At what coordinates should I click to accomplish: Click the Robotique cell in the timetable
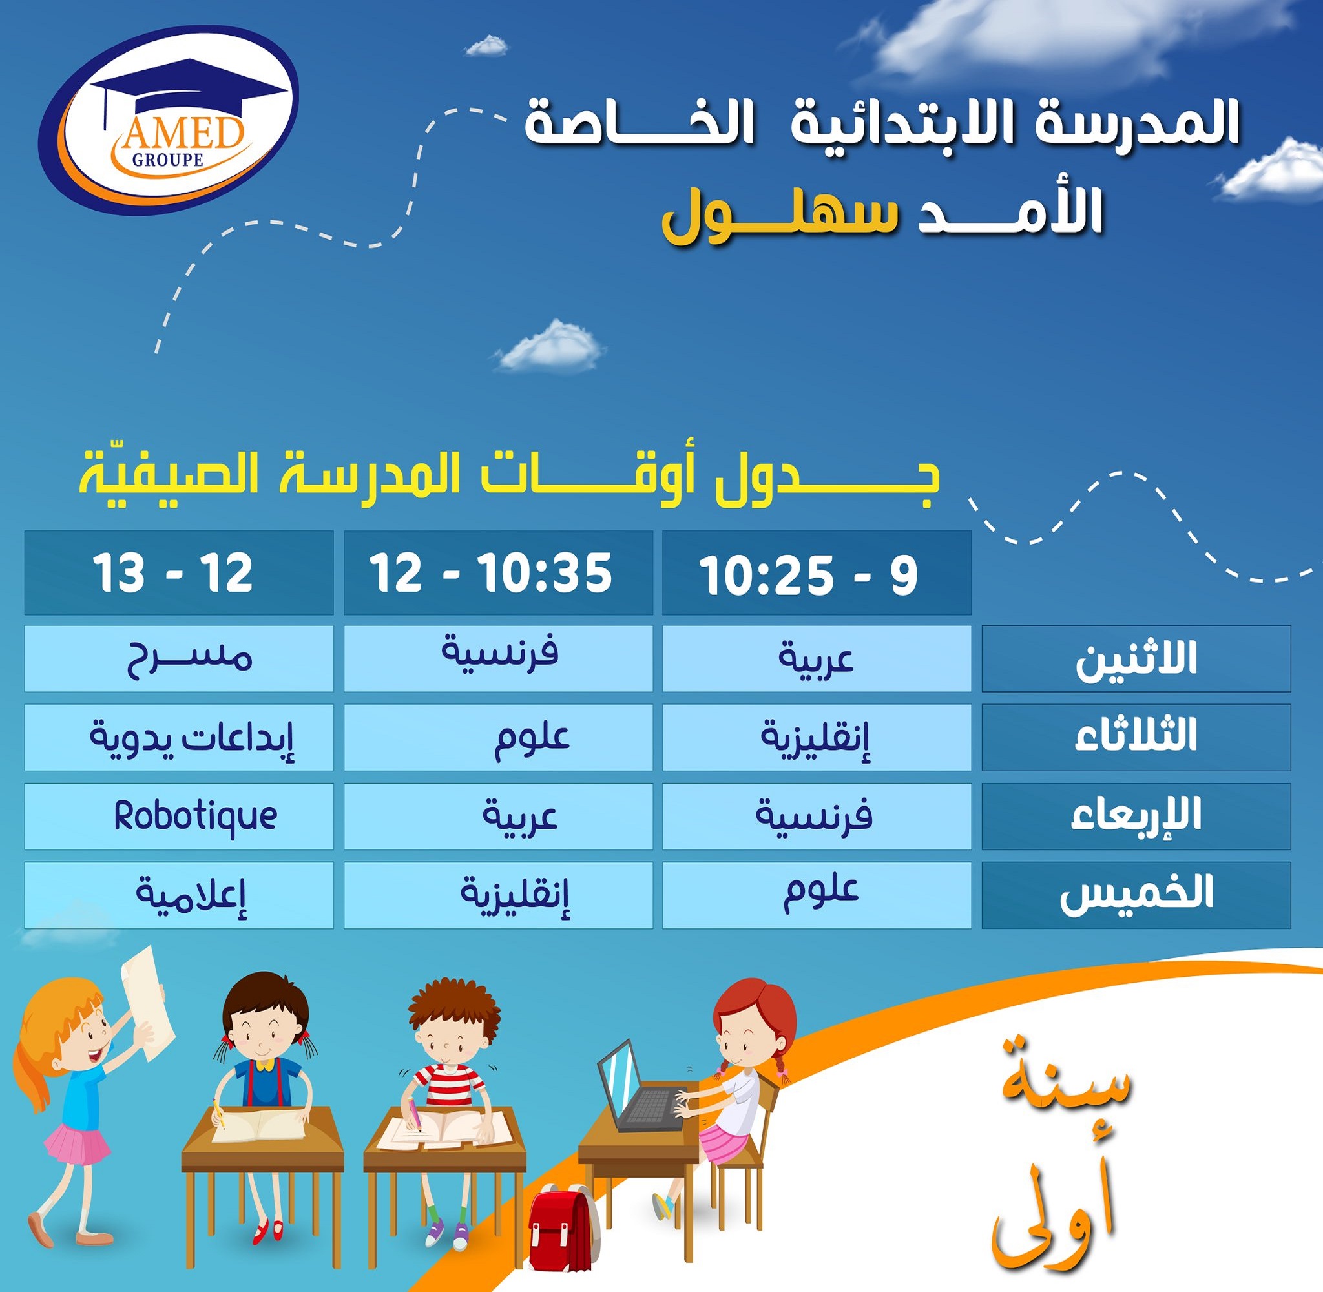click(179, 817)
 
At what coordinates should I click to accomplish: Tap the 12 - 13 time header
click(179, 574)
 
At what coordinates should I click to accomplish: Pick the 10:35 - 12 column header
click(498, 574)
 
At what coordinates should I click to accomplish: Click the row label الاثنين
click(1136, 659)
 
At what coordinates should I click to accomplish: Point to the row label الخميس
click(1136, 895)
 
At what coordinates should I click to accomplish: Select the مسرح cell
click(179, 659)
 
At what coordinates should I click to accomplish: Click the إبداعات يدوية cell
click(179, 738)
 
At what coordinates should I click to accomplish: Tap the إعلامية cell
click(179, 895)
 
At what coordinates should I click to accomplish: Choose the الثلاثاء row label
click(1136, 738)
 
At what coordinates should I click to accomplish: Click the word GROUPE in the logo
click(168, 160)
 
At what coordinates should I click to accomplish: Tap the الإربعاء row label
click(1136, 817)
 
